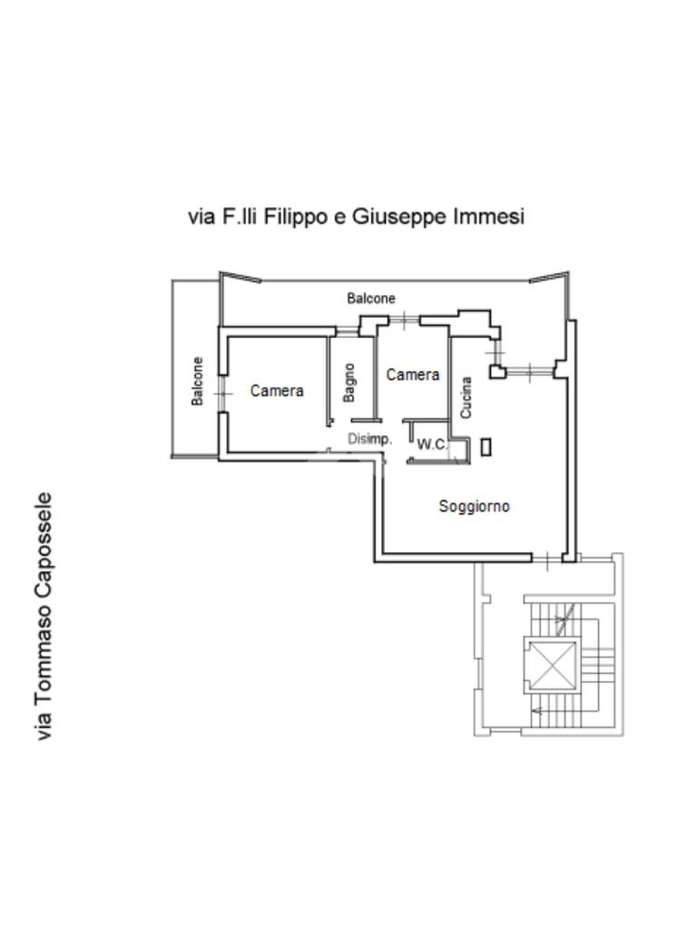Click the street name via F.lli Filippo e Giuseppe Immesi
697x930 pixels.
pos(356,217)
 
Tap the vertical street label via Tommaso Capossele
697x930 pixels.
pos(44,616)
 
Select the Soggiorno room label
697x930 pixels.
pos(474,507)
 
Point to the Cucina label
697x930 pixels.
pos(466,398)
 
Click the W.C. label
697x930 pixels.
pos(431,445)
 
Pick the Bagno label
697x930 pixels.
pos(350,382)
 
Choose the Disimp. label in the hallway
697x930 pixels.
pos(370,440)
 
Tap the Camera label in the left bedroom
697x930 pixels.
pos(277,391)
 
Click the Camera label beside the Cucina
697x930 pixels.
pos(413,375)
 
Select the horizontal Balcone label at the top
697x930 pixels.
pos(371,298)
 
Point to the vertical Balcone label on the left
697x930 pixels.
pos(197,381)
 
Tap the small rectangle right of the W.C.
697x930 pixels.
pos(486,446)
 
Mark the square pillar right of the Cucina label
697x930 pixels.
pos(497,371)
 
